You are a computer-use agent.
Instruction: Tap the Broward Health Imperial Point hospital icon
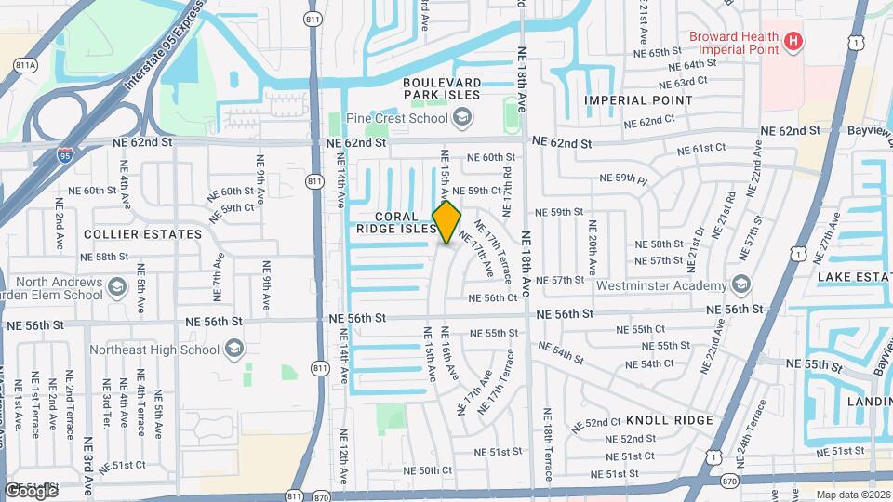[793, 41]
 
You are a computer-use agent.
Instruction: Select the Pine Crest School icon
[462, 118]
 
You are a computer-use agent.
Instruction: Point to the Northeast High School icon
[233, 350]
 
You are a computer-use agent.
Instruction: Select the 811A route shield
[25, 65]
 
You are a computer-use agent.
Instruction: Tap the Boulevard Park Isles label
[441, 88]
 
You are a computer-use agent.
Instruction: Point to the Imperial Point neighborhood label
[637, 99]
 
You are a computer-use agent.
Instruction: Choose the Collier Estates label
[142, 234]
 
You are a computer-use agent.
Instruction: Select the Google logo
[31, 490]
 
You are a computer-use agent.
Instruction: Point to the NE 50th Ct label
[429, 471]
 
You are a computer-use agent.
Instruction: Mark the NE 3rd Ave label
[88, 456]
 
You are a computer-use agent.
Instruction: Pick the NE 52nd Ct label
[596, 423]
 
